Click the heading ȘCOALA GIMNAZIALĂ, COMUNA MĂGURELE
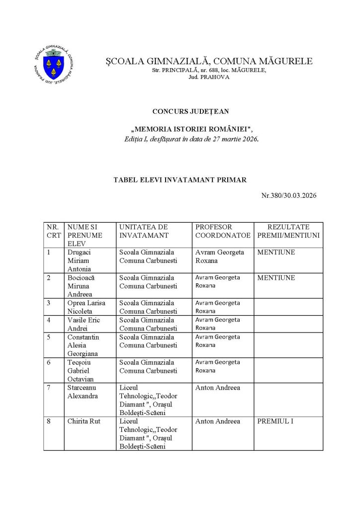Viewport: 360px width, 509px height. [209, 61]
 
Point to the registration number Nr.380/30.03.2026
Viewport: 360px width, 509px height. [289, 195]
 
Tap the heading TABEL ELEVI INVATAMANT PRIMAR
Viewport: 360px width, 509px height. [180, 180]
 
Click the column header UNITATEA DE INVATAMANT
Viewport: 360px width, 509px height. [144, 231]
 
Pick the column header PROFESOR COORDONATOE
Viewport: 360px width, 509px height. [223, 231]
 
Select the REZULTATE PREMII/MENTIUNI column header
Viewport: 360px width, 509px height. [288, 231]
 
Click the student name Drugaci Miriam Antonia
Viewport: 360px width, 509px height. [80, 260]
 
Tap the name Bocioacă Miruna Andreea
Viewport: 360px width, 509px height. [82, 286]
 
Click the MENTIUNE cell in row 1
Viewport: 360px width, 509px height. [276, 253]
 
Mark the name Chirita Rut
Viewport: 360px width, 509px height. [84, 422]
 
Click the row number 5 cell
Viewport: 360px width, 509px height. [49, 337]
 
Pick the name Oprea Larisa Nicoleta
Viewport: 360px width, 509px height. [84, 307]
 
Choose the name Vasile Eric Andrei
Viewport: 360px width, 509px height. [84, 324]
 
